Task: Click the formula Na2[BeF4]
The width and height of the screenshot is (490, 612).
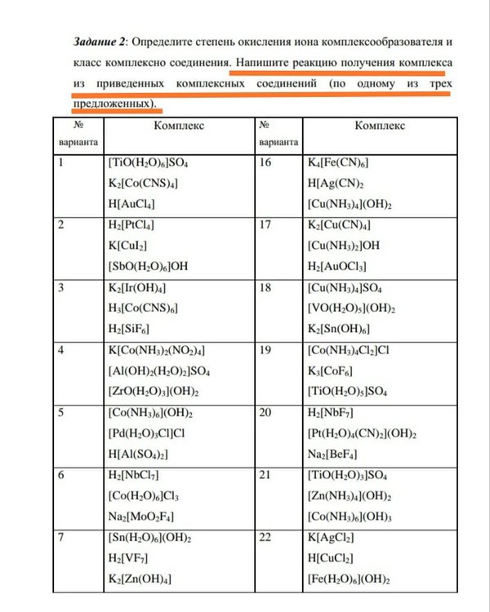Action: pyautogui.click(x=333, y=454)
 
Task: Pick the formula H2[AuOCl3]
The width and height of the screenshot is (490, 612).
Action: pyautogui.click(x=336, y=267)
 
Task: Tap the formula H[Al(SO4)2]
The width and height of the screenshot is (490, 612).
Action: pyautogui.click(x=138, y=454)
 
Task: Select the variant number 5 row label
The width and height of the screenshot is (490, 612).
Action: pyautogui.click(x=61, y=412)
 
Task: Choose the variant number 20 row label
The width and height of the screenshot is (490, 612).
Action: pyautogui.click(x=265, y=412)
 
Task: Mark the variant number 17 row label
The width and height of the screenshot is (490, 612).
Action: pyautogui.click(x=264, y=224)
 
